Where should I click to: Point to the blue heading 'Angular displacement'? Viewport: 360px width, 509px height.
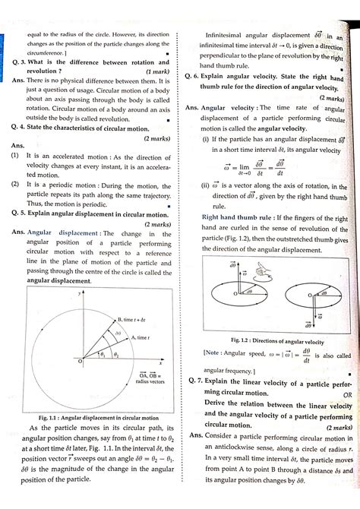(63, 232)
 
